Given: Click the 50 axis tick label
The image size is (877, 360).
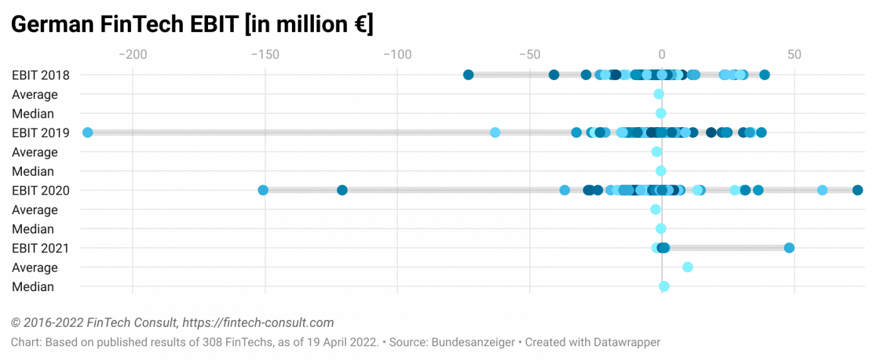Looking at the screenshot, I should pyautogui.click(x=794, y=54).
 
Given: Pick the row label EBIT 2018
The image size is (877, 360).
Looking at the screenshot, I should pyautogui.click(x=40, y=75).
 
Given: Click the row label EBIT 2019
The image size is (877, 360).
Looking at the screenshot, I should pyautogui.click(x=40, y=133).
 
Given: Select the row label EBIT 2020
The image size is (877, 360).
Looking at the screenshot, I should pyautogui.click(x=40, y=190).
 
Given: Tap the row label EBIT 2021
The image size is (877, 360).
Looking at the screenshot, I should pyautogui.click(x=40, y=248).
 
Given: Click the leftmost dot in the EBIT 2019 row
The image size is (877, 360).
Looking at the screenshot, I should pyautogui.click(x=88, y=133).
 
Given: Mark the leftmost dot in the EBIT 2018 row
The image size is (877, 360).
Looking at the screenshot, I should pyautogui.click(x=468, y=75).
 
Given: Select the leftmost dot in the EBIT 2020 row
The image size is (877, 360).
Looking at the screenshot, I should pyautogui.click(x=263, y=190).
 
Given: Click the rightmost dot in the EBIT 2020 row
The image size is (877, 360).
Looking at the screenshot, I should pyautogui.click(x=858, y=190).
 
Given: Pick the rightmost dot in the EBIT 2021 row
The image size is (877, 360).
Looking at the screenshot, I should pyautogui.click(x=789, y=248).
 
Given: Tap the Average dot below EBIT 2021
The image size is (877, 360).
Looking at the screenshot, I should pyautogui.click(x=687, y=267).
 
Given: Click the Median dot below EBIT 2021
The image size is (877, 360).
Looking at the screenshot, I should pyautogui.click(x=664, y=286).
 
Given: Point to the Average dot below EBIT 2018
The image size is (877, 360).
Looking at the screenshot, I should pyautogui.click(x=658, y=95).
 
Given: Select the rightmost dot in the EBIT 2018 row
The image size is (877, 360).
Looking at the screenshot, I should pyautogui.click(x=764, y=75).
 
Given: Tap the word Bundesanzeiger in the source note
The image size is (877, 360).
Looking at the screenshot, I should pyautogui.click(x=469, y=343).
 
